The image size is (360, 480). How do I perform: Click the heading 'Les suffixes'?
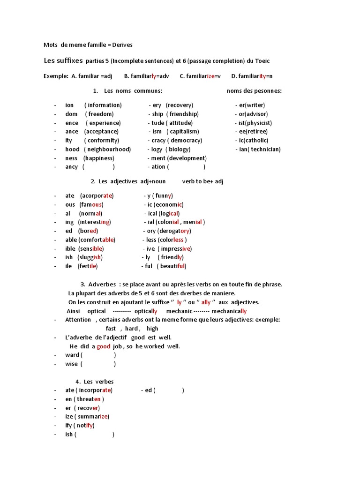63,60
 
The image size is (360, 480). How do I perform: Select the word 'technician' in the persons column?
265,150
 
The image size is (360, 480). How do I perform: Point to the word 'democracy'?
186,141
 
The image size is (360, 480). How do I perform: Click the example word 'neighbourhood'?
107,150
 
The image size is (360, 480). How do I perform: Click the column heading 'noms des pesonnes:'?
254,90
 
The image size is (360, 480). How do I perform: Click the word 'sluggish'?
90,257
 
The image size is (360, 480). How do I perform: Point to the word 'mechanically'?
229,311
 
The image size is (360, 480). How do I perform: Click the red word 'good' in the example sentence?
103,346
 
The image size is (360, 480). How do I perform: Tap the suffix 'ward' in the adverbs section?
72,355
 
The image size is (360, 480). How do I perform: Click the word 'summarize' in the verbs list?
93,417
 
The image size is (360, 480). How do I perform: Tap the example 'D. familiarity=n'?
252,76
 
